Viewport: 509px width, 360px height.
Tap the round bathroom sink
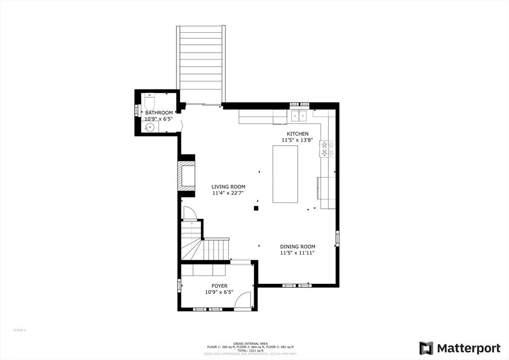[150, 127]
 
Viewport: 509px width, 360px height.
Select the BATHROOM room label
[159, 113]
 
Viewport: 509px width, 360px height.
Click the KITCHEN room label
[297, 134]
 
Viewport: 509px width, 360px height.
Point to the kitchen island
[285, 174]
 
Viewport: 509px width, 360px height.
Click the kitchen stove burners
[328, 149]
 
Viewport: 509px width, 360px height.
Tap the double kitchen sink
[300, 116]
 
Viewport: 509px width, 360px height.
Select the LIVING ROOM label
[229, 187]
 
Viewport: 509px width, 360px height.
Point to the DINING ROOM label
[297, 247]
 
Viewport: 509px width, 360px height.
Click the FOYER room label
[219, 286]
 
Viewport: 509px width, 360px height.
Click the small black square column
[256, 208]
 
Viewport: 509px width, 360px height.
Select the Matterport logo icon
[426, 348]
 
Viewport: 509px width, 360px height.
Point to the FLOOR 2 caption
[19, 330]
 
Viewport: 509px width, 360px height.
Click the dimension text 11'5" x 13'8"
[297, 140]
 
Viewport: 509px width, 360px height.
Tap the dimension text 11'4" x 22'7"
[229, 193]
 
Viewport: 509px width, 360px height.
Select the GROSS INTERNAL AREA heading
[251, 344]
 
